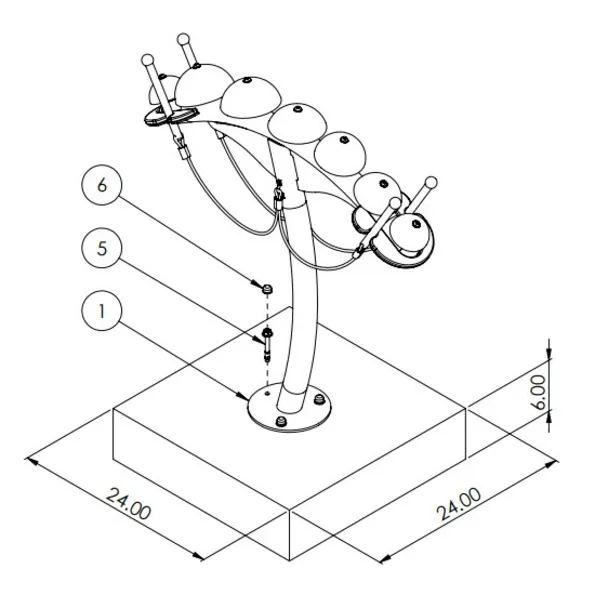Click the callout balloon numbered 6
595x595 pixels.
tap(102, 185)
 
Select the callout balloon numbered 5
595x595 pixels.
tap(102, 248)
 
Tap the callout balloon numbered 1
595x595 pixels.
tap(102, 311)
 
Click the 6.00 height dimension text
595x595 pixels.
tap(539, 392)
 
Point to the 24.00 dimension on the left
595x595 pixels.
tap(128, 504)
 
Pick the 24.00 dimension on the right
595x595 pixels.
tap(458, 504)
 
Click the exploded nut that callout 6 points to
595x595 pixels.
tap(268, 289)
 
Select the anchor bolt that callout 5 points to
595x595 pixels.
tap(268, 345)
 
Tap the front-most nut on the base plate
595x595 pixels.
tap(281, 420)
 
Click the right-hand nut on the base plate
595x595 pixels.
tap(319, 400)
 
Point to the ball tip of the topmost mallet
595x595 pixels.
tap(183, 39)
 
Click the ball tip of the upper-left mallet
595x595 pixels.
tap(147, 60)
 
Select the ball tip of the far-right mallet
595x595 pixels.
tap(431, 183)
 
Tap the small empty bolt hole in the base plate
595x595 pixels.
tap(267, 394)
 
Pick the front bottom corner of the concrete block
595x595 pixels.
tap(289, 560)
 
